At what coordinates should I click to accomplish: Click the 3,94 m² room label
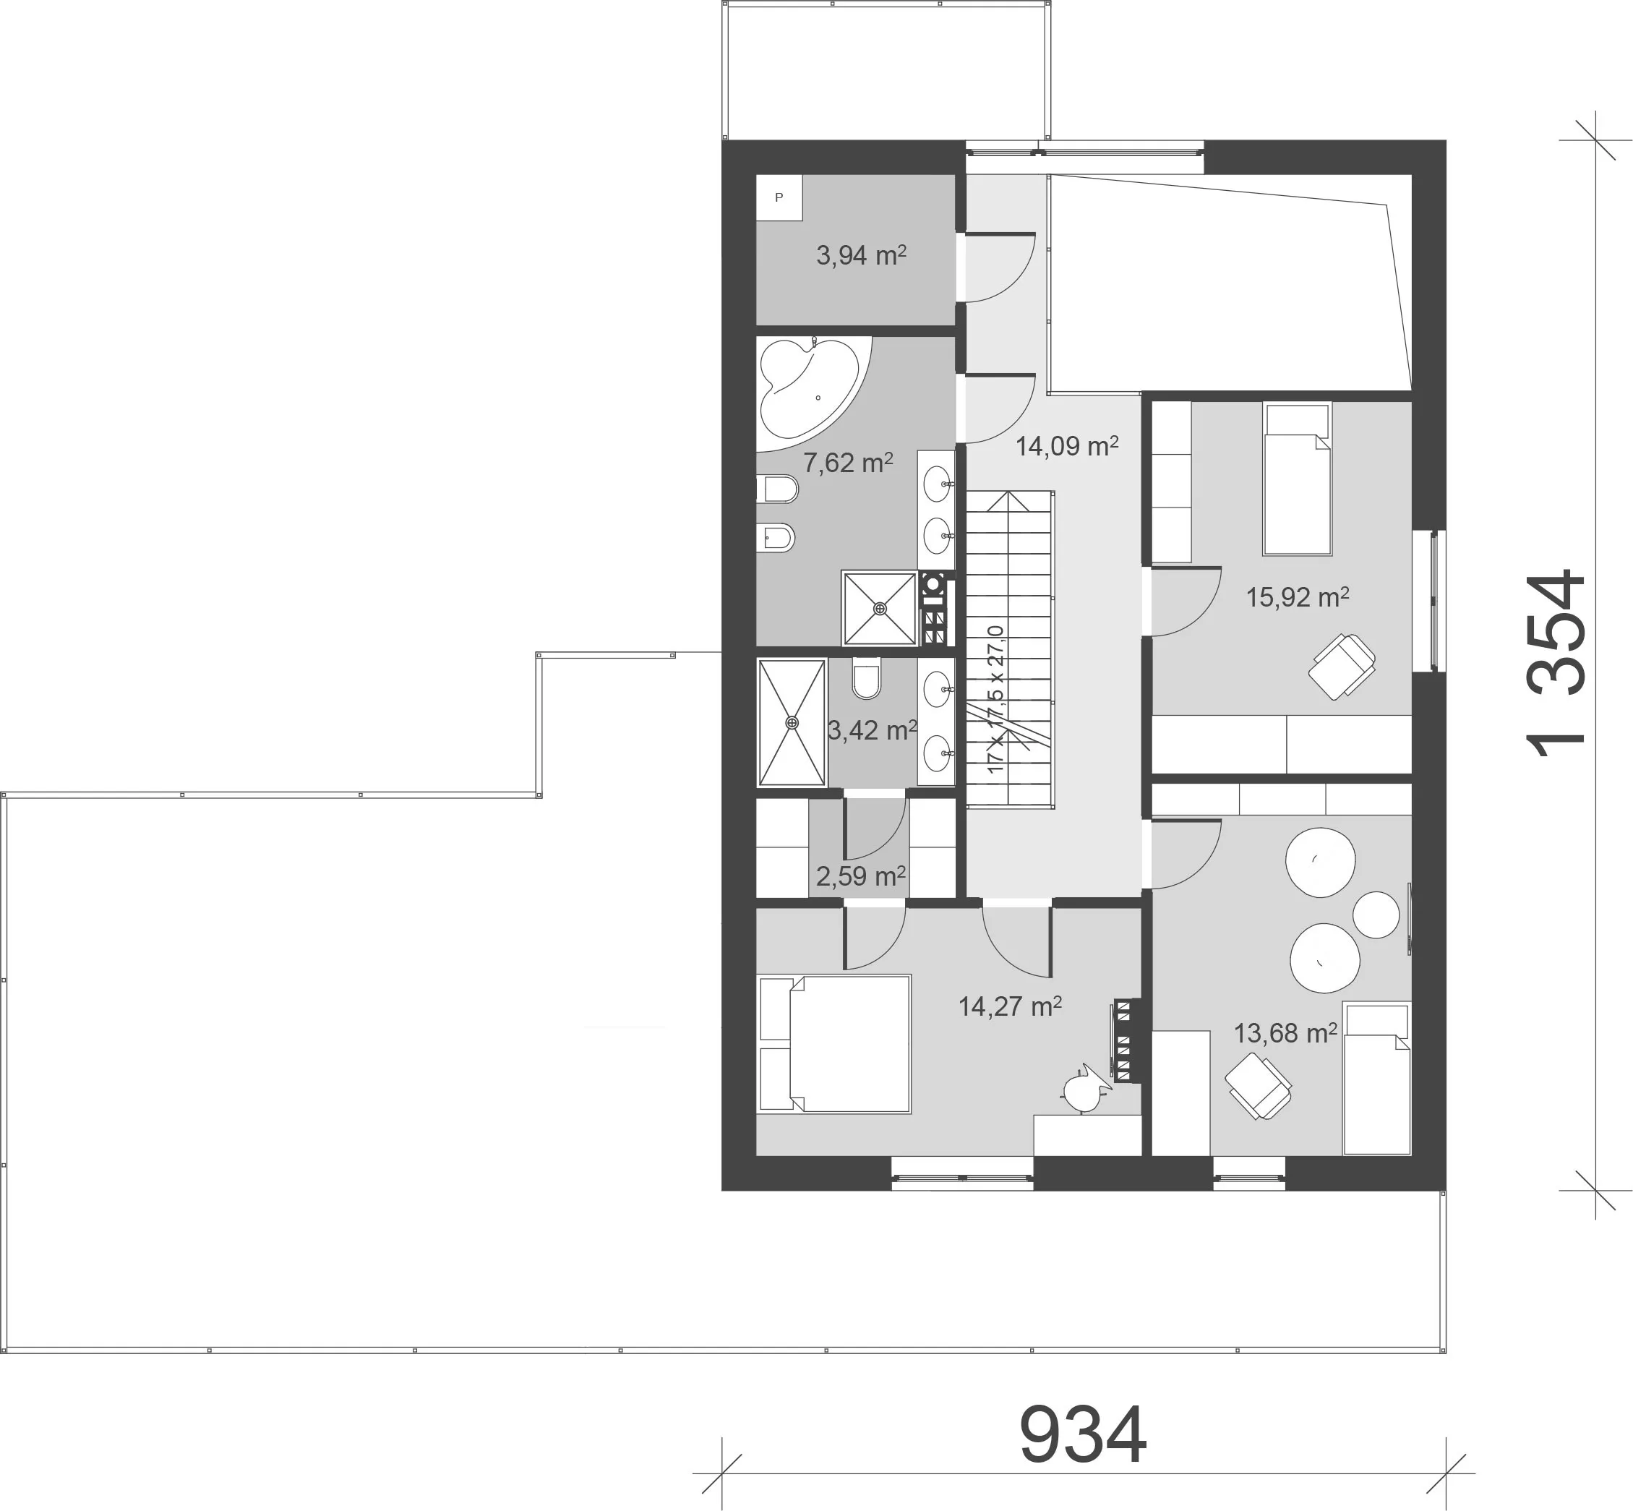(x=861, y=255)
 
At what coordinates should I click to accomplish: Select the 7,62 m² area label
(x=848, y=463)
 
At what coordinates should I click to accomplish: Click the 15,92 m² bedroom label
(x=1297, y=597)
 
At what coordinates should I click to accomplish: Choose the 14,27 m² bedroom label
(x=1010, y=1006)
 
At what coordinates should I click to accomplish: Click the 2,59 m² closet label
(x=861, y=876)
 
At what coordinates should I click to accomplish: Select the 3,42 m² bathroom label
(x=872, y=729)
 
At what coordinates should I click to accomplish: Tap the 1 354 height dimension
(x=1556, y=664)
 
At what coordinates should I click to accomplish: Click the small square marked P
(x=779, y=197)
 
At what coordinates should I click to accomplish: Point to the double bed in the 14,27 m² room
(x=834, y=1043)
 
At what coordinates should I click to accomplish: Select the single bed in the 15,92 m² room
(x=1297, y=479)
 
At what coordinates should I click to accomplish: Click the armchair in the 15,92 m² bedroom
(x=1341, y=666)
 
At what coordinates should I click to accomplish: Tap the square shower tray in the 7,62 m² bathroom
(x=879, y=608)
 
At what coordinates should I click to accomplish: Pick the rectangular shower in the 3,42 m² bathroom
(x=792, y=722)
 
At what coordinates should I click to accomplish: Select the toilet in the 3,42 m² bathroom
(x=866, y=678)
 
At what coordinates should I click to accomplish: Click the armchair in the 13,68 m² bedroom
(x=1258, y=1085)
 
